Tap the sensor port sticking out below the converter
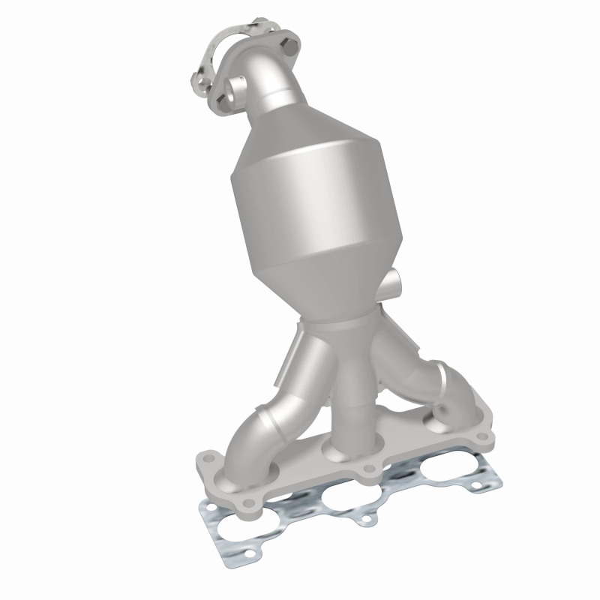pyautogui.click(x=394, y=285)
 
